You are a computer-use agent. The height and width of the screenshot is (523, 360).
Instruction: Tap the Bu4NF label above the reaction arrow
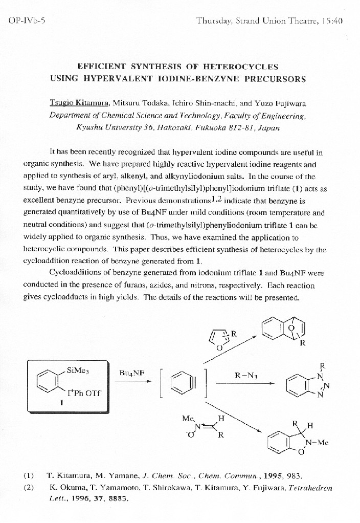131,373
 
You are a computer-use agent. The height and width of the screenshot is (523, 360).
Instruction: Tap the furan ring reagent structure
219,339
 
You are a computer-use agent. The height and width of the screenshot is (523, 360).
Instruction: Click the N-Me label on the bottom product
317,443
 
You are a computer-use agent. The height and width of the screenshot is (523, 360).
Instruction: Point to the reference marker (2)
29,488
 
